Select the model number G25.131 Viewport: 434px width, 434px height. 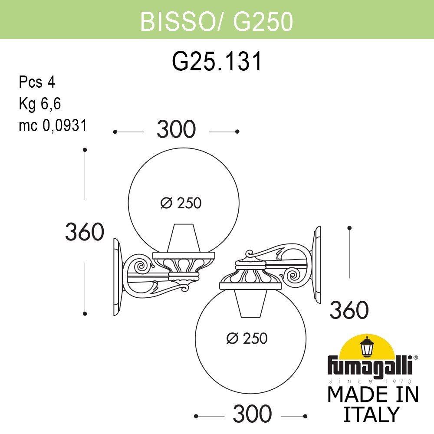[217, 61]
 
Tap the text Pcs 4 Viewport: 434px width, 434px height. [37, 82]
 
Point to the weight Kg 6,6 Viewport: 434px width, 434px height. [39, 104]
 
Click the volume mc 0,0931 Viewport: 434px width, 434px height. [53, 125]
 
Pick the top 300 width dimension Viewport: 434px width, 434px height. [176, 130]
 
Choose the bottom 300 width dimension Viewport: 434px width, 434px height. [252, 415]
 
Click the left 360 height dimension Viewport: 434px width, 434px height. [84, 232]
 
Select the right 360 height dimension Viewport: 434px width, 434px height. [349, 310]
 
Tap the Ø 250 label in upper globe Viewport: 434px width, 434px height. [181, 203]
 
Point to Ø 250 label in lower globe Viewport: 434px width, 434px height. [247, 338]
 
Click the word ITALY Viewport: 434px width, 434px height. [371, 414]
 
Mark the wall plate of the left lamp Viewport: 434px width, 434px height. [116, 276]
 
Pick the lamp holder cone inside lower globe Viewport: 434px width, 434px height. [251, 302]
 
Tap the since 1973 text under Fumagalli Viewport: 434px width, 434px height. [372, 381]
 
